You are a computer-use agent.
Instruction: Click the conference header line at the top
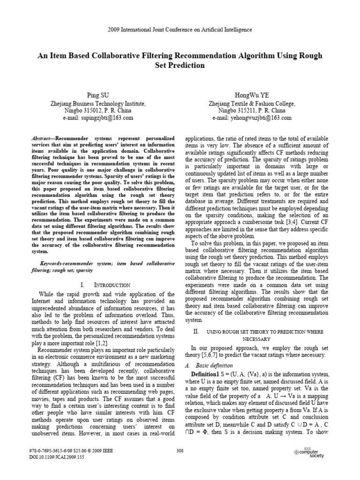[180, 30]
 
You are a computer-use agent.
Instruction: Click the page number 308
[180, 450]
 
